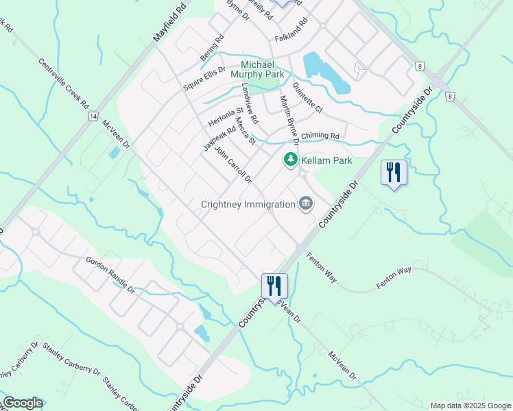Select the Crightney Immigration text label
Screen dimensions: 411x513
[x=248, y=204]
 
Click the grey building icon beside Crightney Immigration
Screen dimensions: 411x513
[x=306, y=203]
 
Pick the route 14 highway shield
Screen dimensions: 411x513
[x=92, y=116]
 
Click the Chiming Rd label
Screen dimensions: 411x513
[x=320, y=136]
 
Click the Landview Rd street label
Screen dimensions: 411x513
[x=250, y=103]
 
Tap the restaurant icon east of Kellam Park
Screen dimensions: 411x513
[x=394, y=173]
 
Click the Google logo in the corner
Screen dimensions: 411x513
[x=23, y=403]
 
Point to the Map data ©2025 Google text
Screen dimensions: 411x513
[x=470, y=406]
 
